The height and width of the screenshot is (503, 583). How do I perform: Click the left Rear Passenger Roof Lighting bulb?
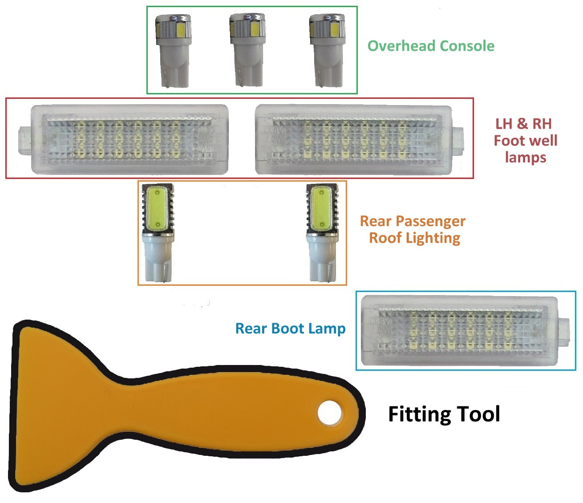tap(157, 233)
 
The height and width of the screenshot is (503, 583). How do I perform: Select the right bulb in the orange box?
tap(321, 233)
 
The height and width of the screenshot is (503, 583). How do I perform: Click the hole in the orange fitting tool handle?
tap(329, 412)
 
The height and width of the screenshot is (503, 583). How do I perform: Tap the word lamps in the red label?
tap(525, 158)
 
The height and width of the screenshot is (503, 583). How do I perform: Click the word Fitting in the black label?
tap(420, 414)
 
